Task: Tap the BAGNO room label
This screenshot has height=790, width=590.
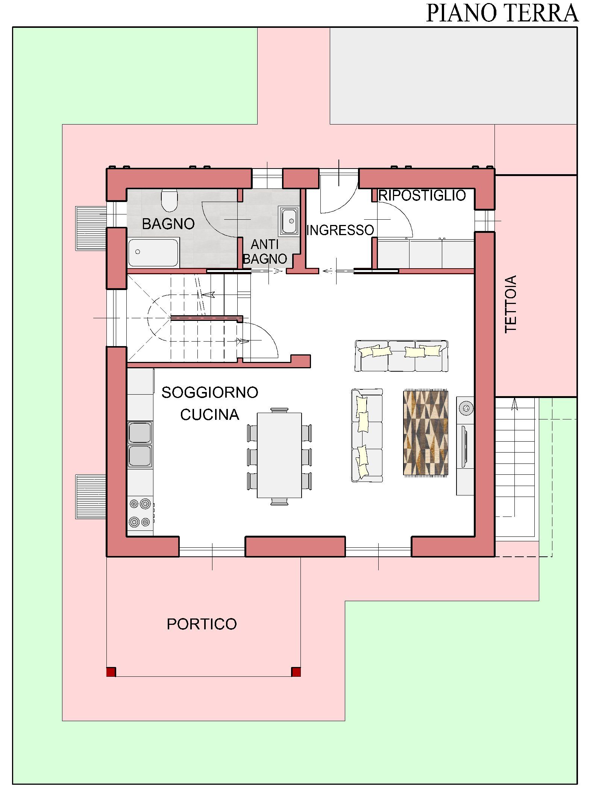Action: pos(168,224)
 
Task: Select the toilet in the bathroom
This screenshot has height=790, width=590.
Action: pos(169,201)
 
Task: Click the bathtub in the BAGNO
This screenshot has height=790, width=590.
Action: pos(153,252)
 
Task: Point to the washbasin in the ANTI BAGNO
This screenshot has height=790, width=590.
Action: pos(289,221)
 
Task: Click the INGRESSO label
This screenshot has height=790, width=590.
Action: pos(340,230)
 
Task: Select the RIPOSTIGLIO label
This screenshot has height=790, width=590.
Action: pos(422,195)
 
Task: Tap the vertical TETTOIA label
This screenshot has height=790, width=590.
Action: pos(511,304)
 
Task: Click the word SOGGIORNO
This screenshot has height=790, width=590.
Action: pos(210,392)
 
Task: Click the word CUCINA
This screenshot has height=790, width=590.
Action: pos(210,415)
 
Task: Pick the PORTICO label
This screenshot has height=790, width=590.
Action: pos(202,624)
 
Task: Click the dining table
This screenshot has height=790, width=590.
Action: pos(279,455)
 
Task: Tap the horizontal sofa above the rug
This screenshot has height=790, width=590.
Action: pos(402,356)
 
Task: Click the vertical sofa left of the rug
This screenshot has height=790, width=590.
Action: pos(367,435)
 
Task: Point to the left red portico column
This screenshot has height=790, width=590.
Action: pos(111,672)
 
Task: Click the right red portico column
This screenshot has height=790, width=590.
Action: pos(296,672)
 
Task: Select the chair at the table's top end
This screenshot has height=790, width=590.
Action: pos(279,410)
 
